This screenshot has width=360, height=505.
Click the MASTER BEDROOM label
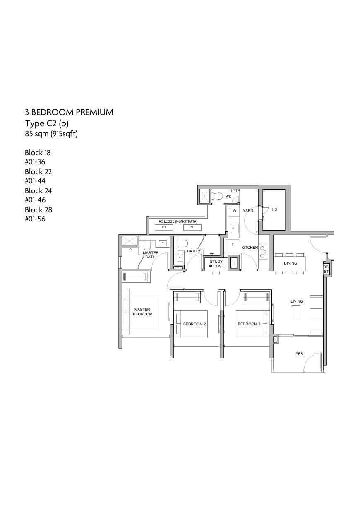coord(142,312)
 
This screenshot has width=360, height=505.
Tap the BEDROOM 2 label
coord(194,324)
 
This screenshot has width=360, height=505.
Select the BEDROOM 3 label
coord(249,324)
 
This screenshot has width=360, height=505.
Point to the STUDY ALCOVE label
coord(216,264)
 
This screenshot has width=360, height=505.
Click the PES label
coord(299,354)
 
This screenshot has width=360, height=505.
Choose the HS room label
coord(274,209)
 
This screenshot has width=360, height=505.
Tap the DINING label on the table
coord(290,263)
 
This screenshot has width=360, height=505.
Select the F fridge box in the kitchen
coord(233,245)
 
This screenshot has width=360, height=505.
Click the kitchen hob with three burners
coord(263,251)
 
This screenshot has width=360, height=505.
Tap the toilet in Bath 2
coord(182,243)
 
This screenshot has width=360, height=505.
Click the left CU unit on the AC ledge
coord(164,228)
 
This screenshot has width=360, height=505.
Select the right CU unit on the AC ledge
coord(192,228)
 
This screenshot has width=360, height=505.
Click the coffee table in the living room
coord(296,313)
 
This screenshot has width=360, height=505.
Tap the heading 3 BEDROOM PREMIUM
coord(69,112)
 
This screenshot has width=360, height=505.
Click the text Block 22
coord(38,172)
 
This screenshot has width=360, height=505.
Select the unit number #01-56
coord(35,219)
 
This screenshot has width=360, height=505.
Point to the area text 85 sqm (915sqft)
coord(51,134)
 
